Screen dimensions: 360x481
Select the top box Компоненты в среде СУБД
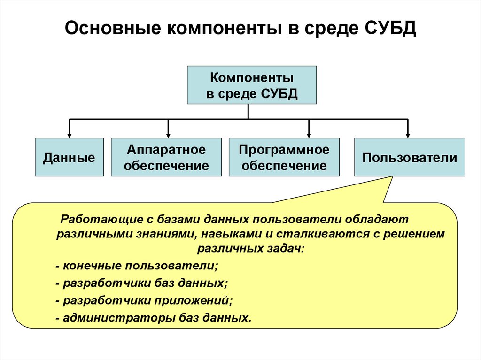click(252, 85)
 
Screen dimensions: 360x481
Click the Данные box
click(69, 157)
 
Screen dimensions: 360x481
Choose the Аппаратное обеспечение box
click(166, 157)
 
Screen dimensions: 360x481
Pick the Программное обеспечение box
click(284, 157)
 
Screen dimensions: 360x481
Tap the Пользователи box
click(409, 157)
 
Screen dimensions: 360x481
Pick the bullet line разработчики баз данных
click(141, 283)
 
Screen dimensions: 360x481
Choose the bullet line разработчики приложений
click(144, 300)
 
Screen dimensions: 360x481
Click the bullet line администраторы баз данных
click(153, 318)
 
